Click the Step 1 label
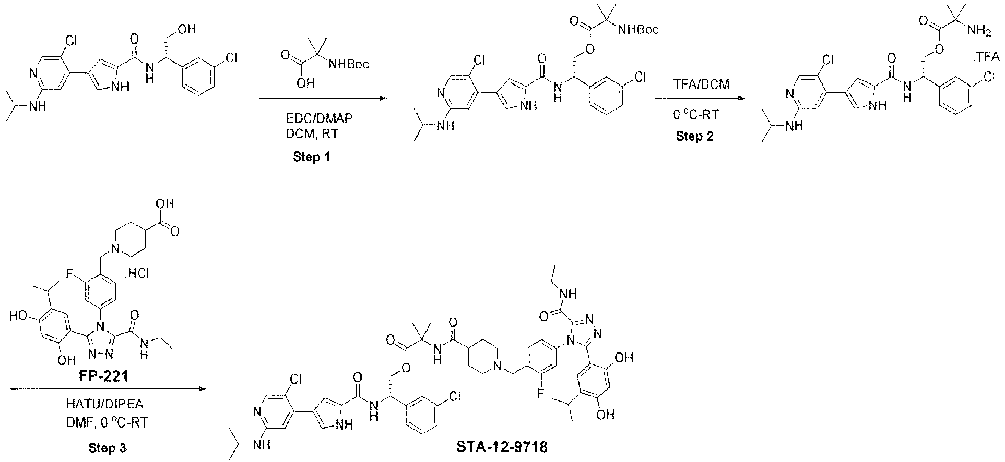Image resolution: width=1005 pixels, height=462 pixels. (312, 156)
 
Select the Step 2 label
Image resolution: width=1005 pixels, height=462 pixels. (694, 137)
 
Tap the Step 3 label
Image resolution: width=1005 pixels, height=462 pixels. (107, 447)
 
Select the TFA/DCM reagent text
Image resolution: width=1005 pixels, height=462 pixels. (694, 84)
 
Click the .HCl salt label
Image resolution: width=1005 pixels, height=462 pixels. (136, 273)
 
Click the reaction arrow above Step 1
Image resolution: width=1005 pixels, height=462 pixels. (323, 98)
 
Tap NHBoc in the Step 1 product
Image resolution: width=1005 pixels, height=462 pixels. (637, 30)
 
